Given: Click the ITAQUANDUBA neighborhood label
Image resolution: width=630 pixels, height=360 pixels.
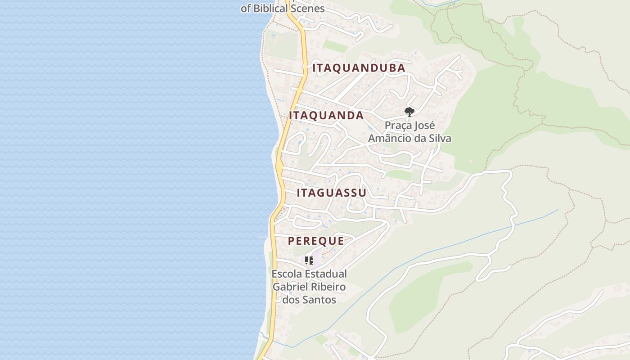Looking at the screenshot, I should (x=359, y=68).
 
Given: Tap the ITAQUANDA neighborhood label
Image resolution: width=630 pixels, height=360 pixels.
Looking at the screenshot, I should (x=326, y=115).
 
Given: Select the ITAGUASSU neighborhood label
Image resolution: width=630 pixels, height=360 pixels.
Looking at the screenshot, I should (x=331, y=193).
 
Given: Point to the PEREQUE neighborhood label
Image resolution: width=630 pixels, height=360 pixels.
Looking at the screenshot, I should (x=316, y=241).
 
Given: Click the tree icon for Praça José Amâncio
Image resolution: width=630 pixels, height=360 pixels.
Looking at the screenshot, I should (x=409, y=112).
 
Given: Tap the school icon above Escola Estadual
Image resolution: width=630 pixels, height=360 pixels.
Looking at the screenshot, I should (x=309, y=260).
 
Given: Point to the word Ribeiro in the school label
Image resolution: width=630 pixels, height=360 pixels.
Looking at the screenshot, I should (x=328, y=287).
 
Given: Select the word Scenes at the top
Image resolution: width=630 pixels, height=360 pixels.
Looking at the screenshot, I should (x=308, y=8).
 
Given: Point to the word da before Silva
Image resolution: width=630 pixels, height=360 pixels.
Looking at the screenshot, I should (x=421, y=138).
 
